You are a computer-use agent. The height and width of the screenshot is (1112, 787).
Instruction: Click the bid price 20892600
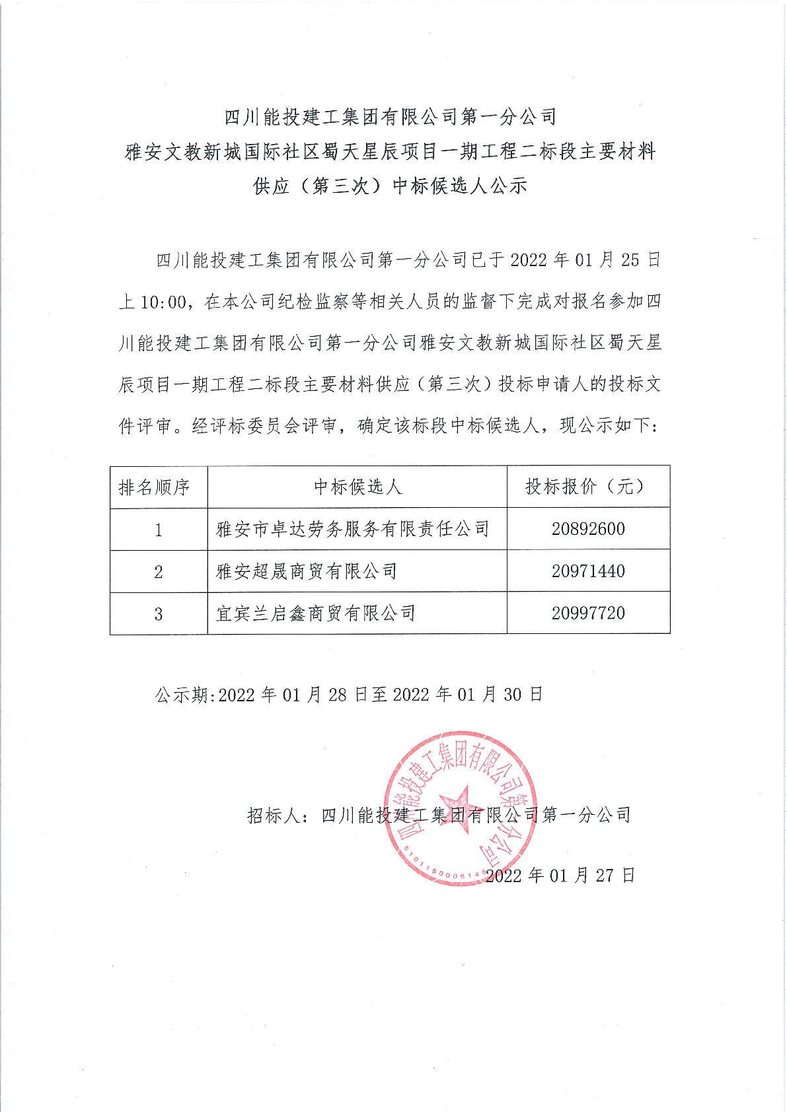tap(588, 529)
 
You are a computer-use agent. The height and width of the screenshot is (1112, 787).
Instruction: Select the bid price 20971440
tap(588, 571)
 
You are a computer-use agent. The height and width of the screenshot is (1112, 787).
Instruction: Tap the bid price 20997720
tap(588, 613)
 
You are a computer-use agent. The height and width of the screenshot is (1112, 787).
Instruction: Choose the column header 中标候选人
tap(357, 487)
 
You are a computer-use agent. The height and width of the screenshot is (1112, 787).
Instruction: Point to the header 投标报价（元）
tap(588, 487)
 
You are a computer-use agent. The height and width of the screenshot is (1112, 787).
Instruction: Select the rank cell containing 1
tap(159, 530)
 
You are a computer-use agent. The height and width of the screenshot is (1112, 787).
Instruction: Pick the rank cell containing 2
tap(159, 572)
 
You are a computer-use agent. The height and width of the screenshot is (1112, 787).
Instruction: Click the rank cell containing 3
tap(159, 614)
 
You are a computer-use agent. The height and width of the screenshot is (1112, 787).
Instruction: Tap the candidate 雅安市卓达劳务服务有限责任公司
tap(353, 529)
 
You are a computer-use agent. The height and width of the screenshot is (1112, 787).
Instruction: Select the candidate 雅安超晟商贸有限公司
tap(307, 571)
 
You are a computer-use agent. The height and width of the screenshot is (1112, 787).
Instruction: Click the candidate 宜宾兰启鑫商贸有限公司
tap(316, 613)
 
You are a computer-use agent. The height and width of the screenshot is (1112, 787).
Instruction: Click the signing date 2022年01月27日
tap(560, 876)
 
